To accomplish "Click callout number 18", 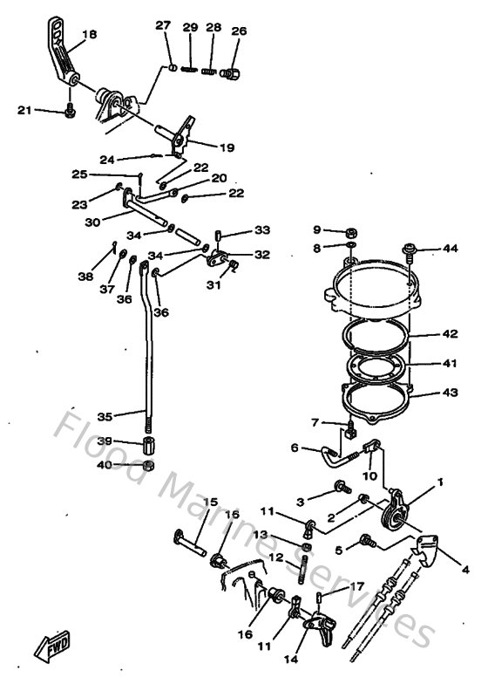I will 89,35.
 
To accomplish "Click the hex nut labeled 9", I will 349,231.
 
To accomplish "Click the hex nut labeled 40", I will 150,465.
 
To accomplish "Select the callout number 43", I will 449,393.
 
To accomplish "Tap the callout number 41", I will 449,363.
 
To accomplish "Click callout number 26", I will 239,32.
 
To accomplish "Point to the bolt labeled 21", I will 70,112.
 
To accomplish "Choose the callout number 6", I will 295,448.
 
